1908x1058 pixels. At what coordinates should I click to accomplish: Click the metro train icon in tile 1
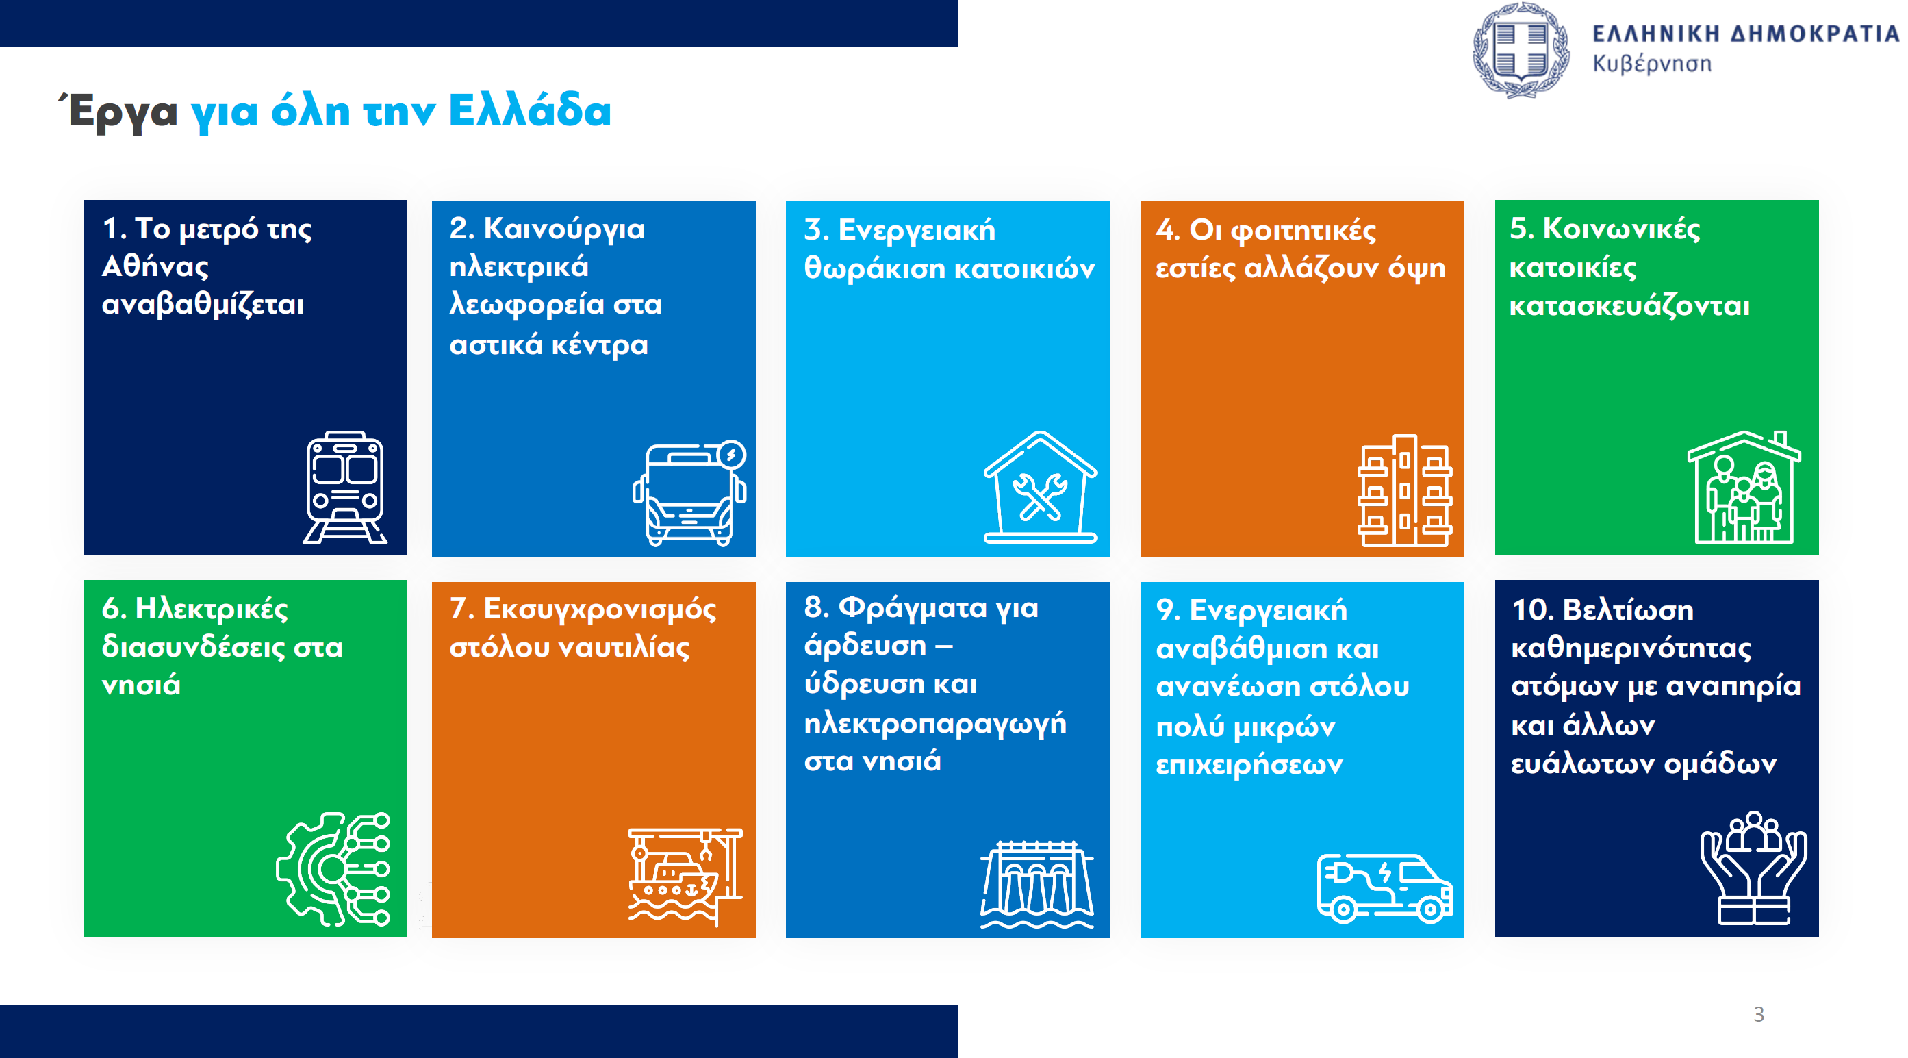(x=345, y=488)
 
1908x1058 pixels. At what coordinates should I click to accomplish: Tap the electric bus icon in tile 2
(x=689, y=494)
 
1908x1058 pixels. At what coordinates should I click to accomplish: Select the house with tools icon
(x=1041, y=488)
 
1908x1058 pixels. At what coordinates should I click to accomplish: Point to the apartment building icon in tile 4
(x=1404, y=490)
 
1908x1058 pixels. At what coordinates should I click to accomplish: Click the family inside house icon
(x=1744, y=487)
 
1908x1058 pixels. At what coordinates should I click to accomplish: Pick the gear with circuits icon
(x=333, y=868)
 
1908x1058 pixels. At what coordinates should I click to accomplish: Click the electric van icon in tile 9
(x=1384, y=888)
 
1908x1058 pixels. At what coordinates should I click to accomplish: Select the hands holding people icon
(x=1753, y=868)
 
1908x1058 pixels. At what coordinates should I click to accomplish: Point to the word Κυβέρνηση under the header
(x=1652, y=64)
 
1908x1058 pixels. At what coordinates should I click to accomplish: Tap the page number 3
(x=1758, y=1014)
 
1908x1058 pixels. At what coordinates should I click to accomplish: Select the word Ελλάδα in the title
(x=530, y=110)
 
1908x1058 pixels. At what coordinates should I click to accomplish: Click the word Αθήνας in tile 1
(x=155, y=266)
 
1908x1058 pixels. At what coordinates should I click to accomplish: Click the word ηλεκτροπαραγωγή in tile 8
(x=934, y=724)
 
